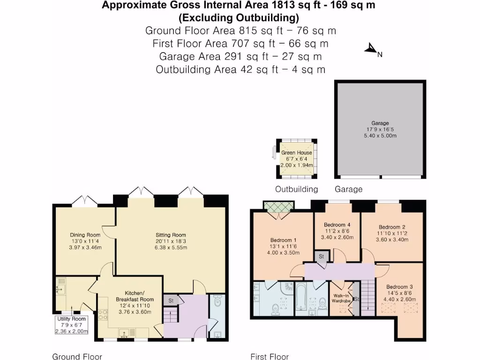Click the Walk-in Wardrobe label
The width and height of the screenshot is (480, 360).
pos(342,298)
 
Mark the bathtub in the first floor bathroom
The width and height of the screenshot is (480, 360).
pos(301,297)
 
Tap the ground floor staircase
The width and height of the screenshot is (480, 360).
pos(170,316)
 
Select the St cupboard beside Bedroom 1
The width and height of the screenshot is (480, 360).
pos(322,256)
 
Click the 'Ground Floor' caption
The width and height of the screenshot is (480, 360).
pos(77,357)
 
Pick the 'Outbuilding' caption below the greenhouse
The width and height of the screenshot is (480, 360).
pos(296,189)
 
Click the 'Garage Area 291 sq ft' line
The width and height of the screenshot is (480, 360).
pos(240,57)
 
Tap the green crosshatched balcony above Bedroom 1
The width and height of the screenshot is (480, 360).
pos(278,207)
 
